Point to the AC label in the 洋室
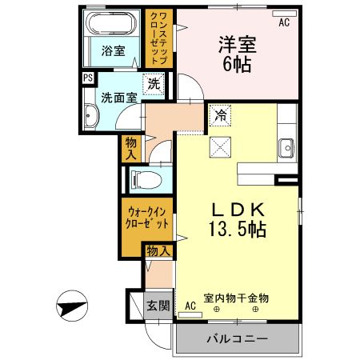tap(284, 24)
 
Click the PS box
tap(86, 78)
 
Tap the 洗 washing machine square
tap(152, 82)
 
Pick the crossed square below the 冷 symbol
tap(220, 146)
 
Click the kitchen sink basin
tap(287, 146)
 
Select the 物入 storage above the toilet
tap(133, 149)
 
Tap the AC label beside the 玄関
tap(190, 306)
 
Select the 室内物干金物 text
tap(237, 298)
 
